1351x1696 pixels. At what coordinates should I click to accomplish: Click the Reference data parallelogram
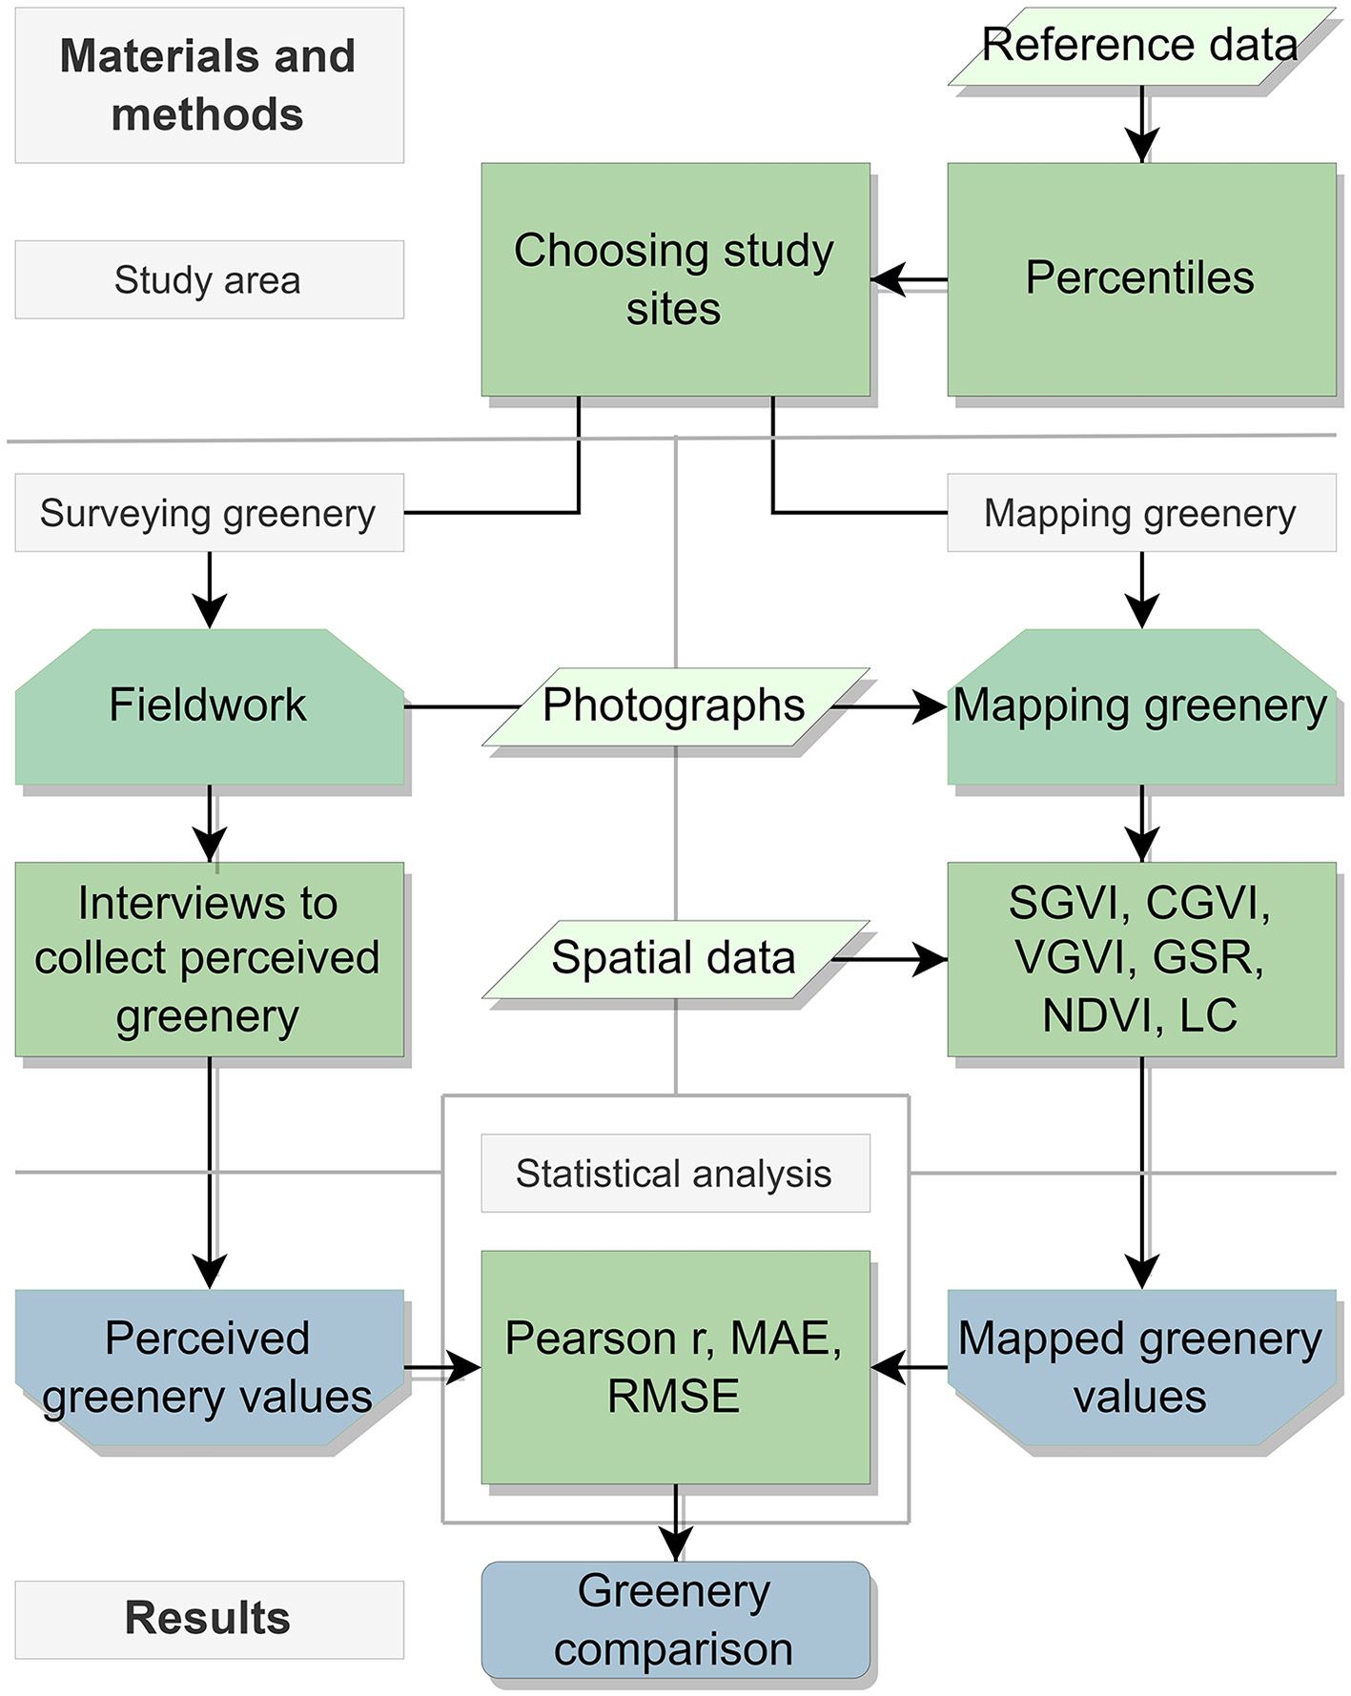(1140, 46)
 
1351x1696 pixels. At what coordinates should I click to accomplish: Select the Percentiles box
(1141, 278)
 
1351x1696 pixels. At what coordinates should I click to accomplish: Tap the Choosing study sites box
(674, 278)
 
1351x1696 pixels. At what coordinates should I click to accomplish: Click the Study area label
(209, 279)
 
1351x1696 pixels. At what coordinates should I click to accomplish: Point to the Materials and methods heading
(209, 85)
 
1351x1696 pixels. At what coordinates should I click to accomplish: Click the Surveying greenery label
(209, 513)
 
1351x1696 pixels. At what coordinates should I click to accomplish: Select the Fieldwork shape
(209, 706)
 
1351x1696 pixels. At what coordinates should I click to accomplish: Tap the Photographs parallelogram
(674, 706)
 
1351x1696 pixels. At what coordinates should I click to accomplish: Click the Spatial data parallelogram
(674, 958)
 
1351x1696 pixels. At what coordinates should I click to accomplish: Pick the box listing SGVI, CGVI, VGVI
(1141, 958)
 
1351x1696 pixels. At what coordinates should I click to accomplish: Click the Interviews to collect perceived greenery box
(209, 958)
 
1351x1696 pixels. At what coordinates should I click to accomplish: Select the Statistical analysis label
(674, 1174)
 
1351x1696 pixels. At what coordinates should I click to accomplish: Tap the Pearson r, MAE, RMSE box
(674, 1366)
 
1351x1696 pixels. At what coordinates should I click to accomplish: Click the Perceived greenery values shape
(209, 1366)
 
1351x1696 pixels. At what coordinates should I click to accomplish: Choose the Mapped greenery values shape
(1141, 1366)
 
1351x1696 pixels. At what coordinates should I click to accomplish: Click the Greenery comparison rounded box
(674, 1620)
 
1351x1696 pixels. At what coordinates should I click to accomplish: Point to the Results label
(209, 1619)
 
